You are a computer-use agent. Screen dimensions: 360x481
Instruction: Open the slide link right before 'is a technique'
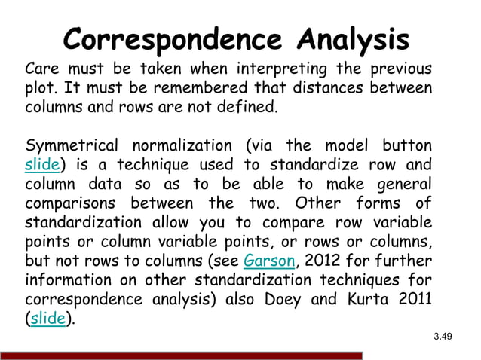[39, 164]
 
